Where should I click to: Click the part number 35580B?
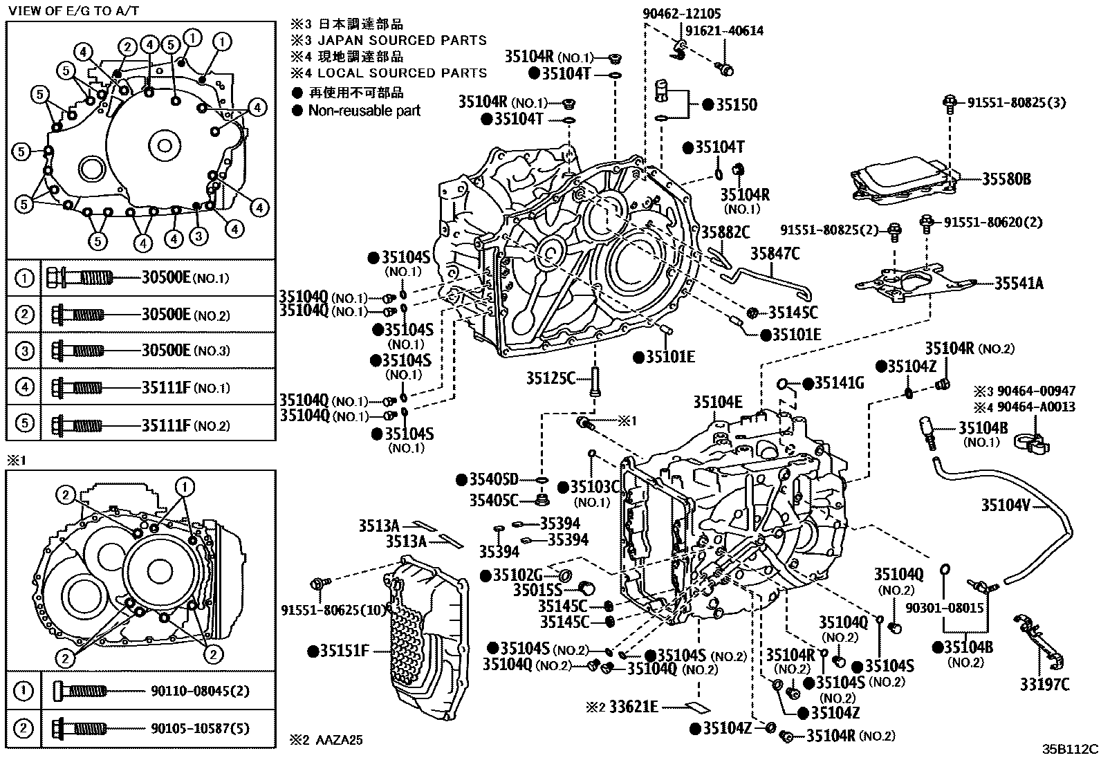(x=1006, y=179)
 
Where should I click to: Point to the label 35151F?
(x=344, y=651)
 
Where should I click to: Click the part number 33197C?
(x=1044, y=685)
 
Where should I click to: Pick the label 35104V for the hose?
(x=1006, y=506)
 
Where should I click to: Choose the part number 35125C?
(x=550, y=378)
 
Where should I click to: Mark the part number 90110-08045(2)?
(x=200, y=690)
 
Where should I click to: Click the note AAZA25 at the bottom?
(x=339, y=740)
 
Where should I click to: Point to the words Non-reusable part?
(x=364, y=111)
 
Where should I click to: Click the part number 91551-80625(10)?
(x=334, y=609)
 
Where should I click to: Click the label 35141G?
(x=839, y=383)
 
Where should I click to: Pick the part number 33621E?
(x=633, y=707)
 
